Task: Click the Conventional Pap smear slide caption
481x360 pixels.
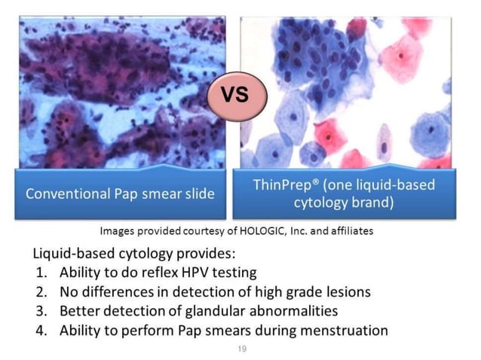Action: coord(120,193)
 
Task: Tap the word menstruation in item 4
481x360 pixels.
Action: coord(339,329)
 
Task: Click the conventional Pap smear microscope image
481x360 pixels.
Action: coord(120,90)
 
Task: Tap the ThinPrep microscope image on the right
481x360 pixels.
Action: coord(347,90)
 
